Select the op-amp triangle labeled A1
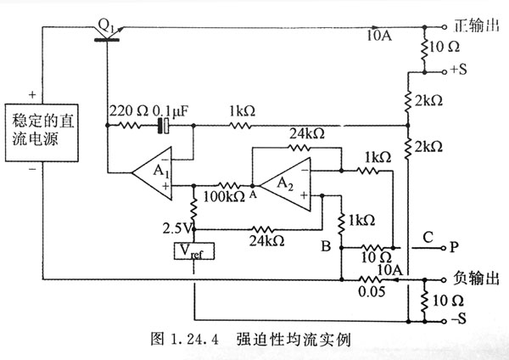pos(153,171)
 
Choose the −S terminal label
pos(460,321)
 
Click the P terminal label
pos(456,248)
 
